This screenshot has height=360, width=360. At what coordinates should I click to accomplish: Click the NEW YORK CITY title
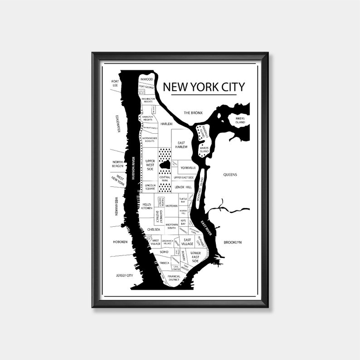204,87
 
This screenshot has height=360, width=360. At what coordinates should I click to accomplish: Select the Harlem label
166,123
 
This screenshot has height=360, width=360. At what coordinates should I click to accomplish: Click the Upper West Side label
150,165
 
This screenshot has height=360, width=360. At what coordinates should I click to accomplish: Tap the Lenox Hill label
183,187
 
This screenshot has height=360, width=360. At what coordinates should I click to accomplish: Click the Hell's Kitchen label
146,206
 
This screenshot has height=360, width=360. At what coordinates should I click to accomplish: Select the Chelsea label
154,230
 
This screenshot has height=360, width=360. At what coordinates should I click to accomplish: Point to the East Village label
187,242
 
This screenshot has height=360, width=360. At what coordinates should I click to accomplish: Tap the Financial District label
174,278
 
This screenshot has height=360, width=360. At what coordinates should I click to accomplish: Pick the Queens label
230,175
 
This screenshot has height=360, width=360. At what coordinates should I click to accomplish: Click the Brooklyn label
232,243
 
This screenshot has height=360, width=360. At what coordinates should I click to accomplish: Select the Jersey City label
124,275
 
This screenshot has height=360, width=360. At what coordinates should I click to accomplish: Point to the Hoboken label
120,242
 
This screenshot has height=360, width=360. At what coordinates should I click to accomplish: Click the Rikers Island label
240,120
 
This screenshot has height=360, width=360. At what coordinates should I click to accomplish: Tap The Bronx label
192,112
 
